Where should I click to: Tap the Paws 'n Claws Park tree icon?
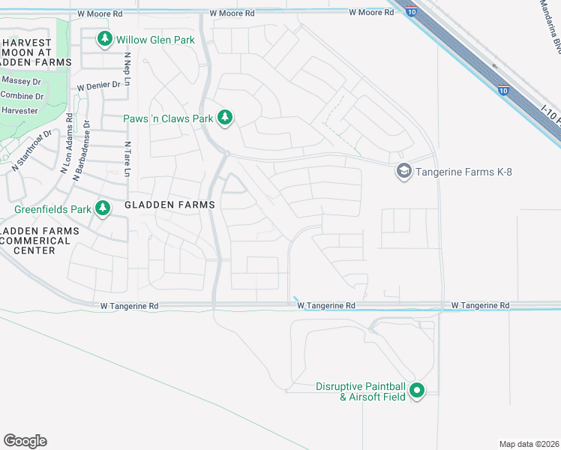(224, 118)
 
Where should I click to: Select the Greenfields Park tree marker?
(103, 209)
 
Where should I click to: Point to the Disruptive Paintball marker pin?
(418, 390)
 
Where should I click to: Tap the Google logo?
(25, 440)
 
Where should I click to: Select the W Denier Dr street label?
(98, 85)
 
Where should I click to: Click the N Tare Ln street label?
(127, 159)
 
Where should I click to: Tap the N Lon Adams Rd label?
(65, 142)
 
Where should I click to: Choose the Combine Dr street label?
(22, 96)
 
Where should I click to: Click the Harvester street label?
(19, 111)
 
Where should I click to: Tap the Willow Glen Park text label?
(155, 39)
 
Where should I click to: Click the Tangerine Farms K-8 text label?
(463, 172)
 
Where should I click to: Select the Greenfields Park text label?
(52, 209)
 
